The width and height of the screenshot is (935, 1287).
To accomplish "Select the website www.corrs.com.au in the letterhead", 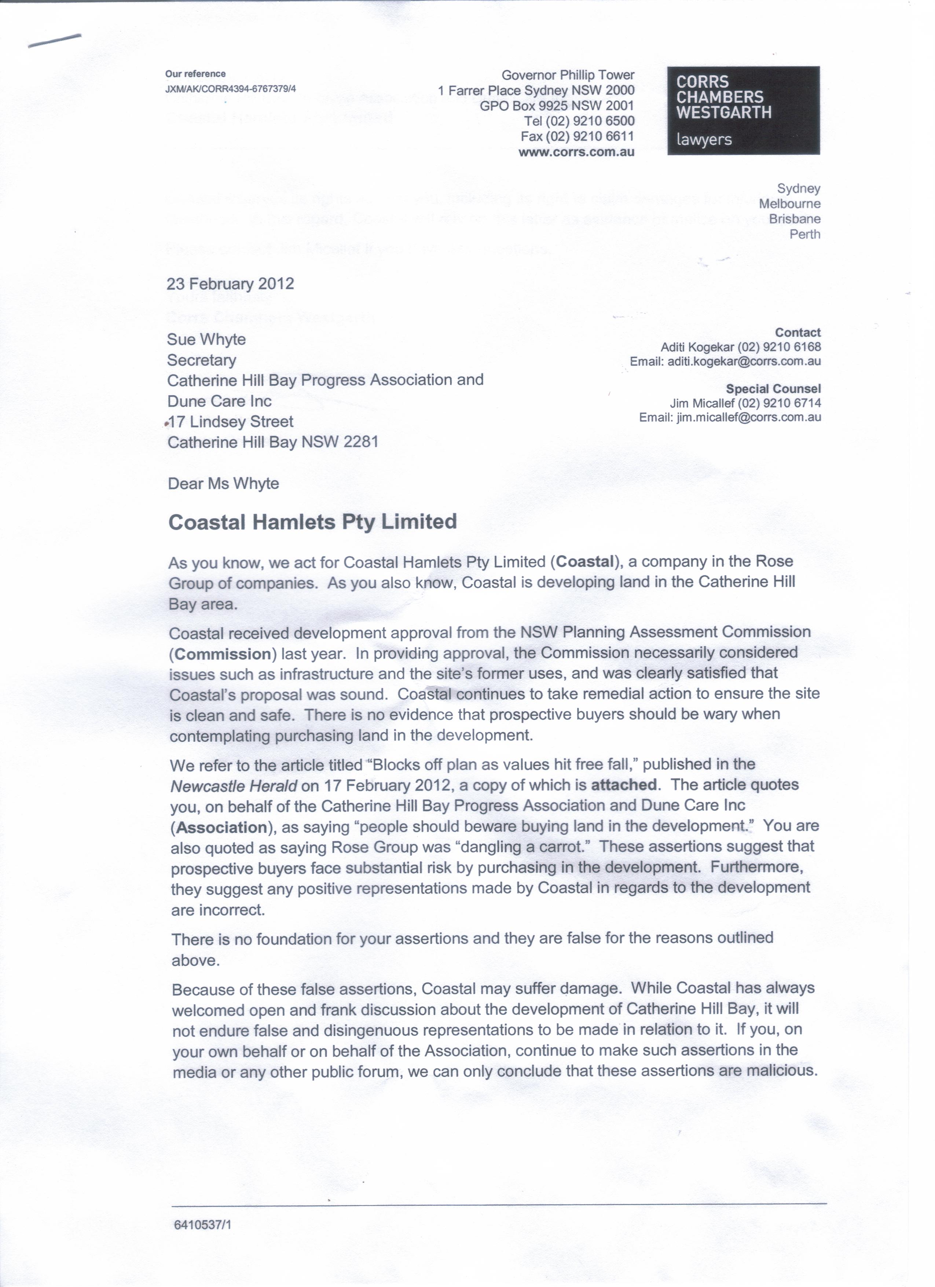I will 576,152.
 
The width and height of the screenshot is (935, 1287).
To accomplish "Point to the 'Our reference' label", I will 195,74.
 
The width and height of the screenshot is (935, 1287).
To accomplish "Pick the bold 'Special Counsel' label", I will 773,389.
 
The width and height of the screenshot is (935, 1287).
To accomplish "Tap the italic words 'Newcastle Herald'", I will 234,786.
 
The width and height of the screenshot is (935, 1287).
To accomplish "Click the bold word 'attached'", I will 624,785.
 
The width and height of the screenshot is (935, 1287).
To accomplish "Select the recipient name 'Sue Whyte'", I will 206,339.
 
